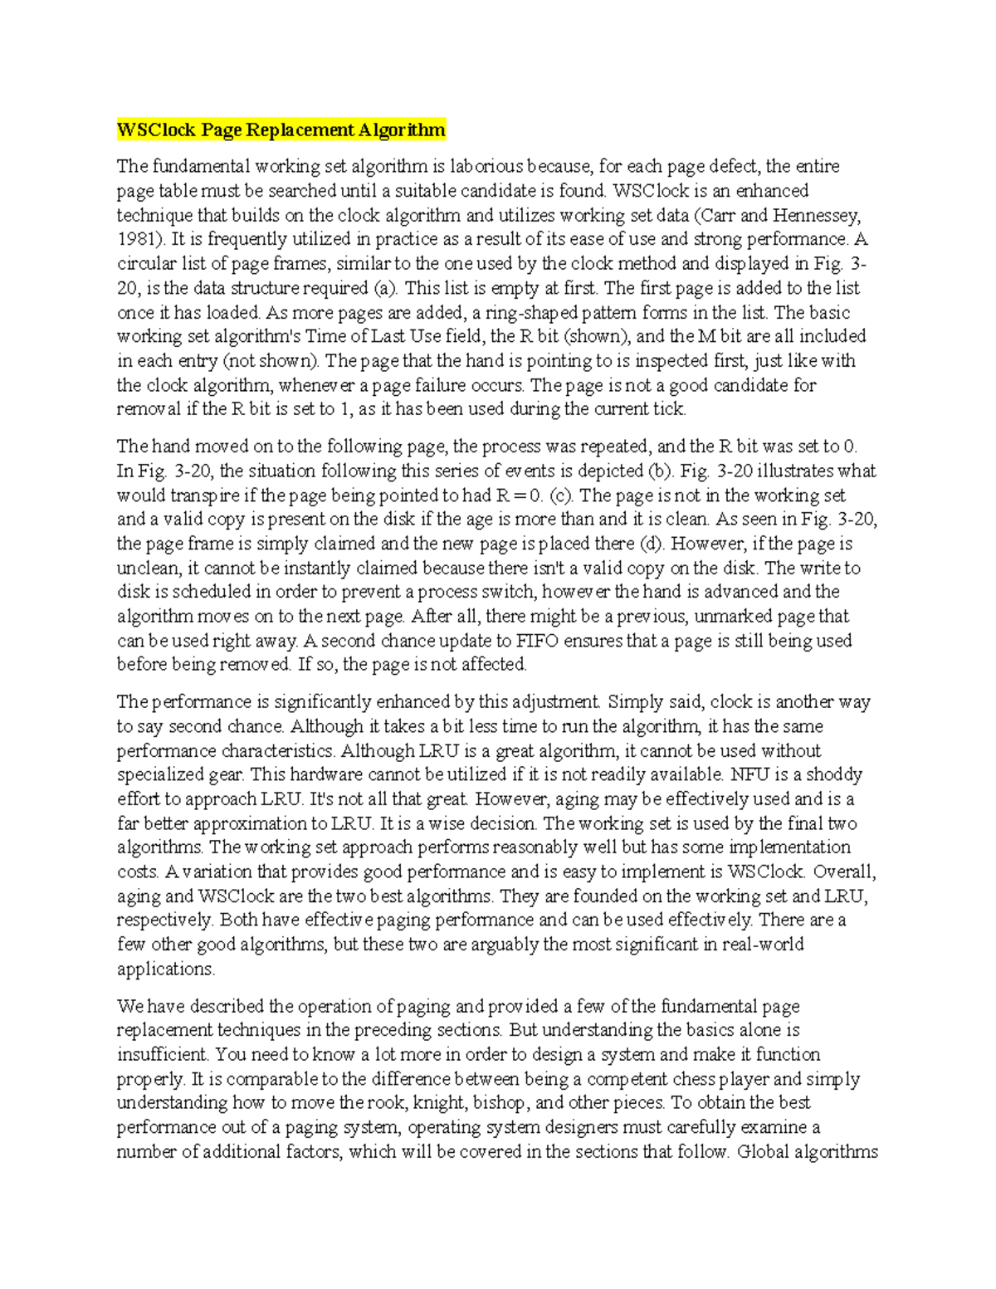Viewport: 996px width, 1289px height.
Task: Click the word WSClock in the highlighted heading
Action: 156,129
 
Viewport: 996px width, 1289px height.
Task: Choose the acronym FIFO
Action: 538,640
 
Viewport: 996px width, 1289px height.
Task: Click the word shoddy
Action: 836,774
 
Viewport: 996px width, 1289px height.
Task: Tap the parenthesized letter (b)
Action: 657,471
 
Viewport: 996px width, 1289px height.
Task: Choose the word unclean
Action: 148,568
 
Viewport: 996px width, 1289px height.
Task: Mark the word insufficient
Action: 162,1055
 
